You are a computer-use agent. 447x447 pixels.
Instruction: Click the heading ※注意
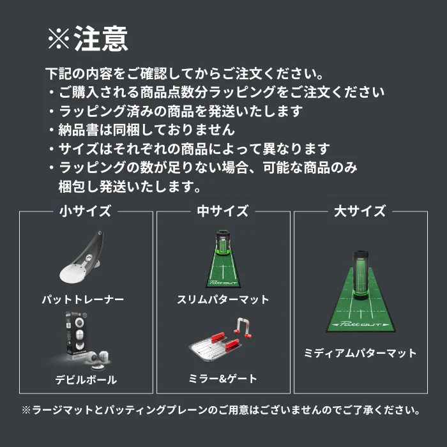click(x=87, y=40)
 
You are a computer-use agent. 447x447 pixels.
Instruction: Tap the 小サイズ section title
click(x=86, y=211)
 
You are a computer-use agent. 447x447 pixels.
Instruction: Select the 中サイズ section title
click(x=223, y=211)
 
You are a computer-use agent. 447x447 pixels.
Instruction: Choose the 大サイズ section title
click(x=360, y=211)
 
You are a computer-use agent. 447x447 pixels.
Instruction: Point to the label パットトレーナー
click(x=83, y=299)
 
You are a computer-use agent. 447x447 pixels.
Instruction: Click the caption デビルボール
click(x=86, y=379)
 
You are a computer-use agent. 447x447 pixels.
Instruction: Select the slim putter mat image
click(x=223, y=259)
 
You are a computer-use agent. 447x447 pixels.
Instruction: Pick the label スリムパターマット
click(x=223, y=299)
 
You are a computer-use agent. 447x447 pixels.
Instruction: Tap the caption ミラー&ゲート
click(x=223, y=379)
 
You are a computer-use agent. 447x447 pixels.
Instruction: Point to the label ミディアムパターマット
click(x=361, y=353)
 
